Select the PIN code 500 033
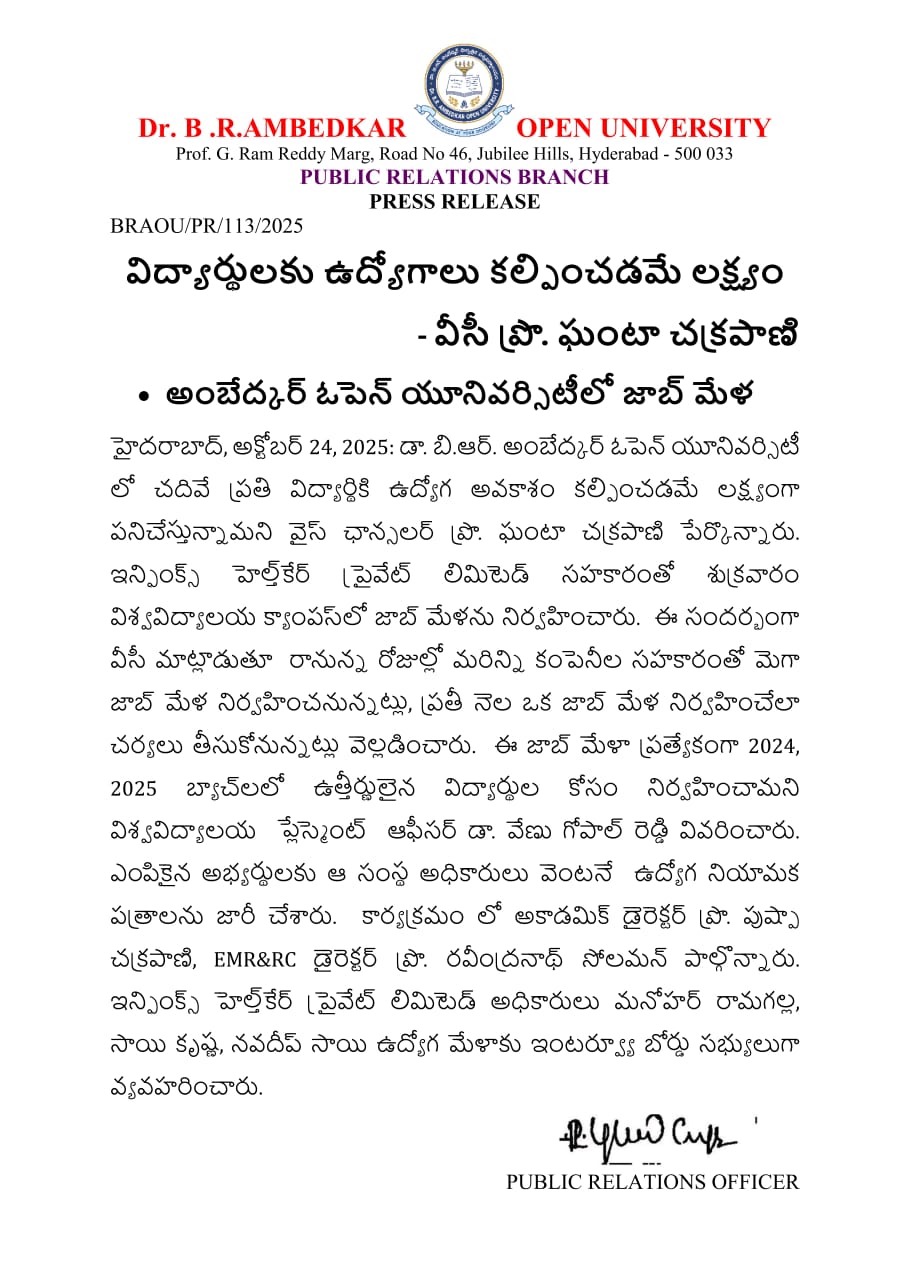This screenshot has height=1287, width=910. pyautogui.click(x=701, y=154)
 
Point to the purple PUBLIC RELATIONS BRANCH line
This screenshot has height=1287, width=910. pyautogui.click(x=455, y=177)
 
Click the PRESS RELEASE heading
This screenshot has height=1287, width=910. pyautogui.click(x=455, y=201)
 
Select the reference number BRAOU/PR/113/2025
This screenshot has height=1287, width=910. pyautogui.click(x=206, y=226)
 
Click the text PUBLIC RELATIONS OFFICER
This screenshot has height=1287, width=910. pyautogui.click(x=652, y=1182)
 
